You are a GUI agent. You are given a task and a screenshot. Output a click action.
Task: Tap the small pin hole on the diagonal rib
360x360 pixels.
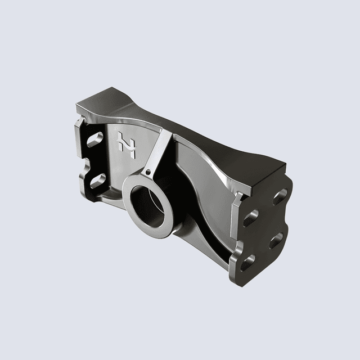(147, 171)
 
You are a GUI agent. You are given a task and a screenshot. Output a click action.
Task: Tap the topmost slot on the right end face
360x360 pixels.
(279, 197)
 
